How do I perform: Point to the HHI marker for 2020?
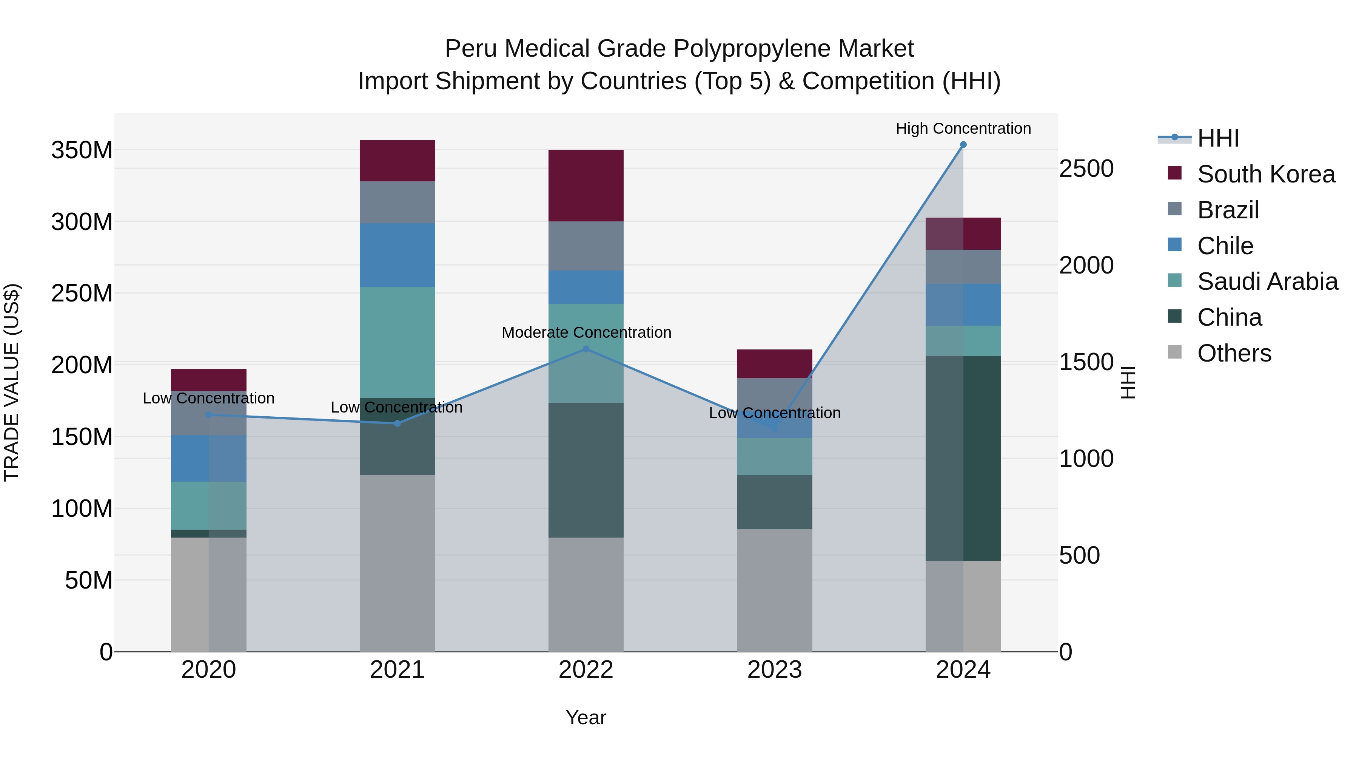coord(208,415)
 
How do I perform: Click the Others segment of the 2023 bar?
coord(775,590)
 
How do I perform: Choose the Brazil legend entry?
coord(1228,210)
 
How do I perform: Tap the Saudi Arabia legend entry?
coord(1267,281)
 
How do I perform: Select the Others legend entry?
coord(1234,353)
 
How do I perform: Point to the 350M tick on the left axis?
coord(82,150)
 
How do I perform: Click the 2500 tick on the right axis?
coord(1086,169)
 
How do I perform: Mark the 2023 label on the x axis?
coord(775,670)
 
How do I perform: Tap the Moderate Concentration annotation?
coord(586,332)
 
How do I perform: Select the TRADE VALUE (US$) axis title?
coord(12,383)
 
